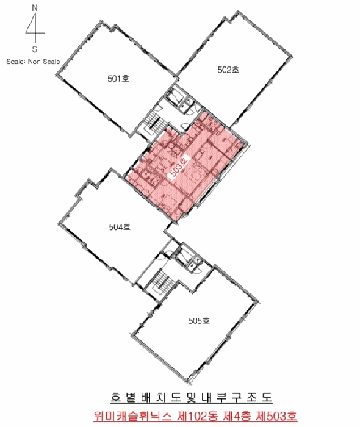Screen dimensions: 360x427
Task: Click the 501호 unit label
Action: pyautogui.click(x=118, y=79)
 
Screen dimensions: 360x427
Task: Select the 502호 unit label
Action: pyautogui.click(x=228, y=70)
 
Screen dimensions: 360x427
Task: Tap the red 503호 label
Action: pyautogui.click(x=179, y=167)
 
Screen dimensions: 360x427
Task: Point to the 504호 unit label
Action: pyautogui.click(x=120, y=227)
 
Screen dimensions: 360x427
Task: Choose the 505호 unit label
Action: pyautogui.click(x=199, y=321)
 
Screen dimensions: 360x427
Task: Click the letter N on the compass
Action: pyautogui.click(x=35, y=8)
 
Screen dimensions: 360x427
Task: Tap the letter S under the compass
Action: pyautogui.click(x=35, y=49)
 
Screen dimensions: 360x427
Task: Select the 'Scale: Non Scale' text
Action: pyautogui.click(x=33, y=62)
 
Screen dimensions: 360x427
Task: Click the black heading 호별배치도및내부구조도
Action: pyautogui.click(x=191, y=398)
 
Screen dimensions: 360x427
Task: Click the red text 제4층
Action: pyautogui.click(x=238, y=416)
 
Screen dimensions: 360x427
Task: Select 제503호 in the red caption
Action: pyautogui.click(x=276, y=416)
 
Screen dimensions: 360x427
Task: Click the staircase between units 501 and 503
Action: pyautogui.click(x=153, y=124)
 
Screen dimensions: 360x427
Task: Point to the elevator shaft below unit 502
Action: pyautogui.click(x=174, y=96)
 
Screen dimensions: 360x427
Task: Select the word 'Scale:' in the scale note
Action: pyautogui.click(x=16, y=62)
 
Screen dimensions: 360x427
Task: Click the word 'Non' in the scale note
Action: pyautogui.click(x=34, y=62)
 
